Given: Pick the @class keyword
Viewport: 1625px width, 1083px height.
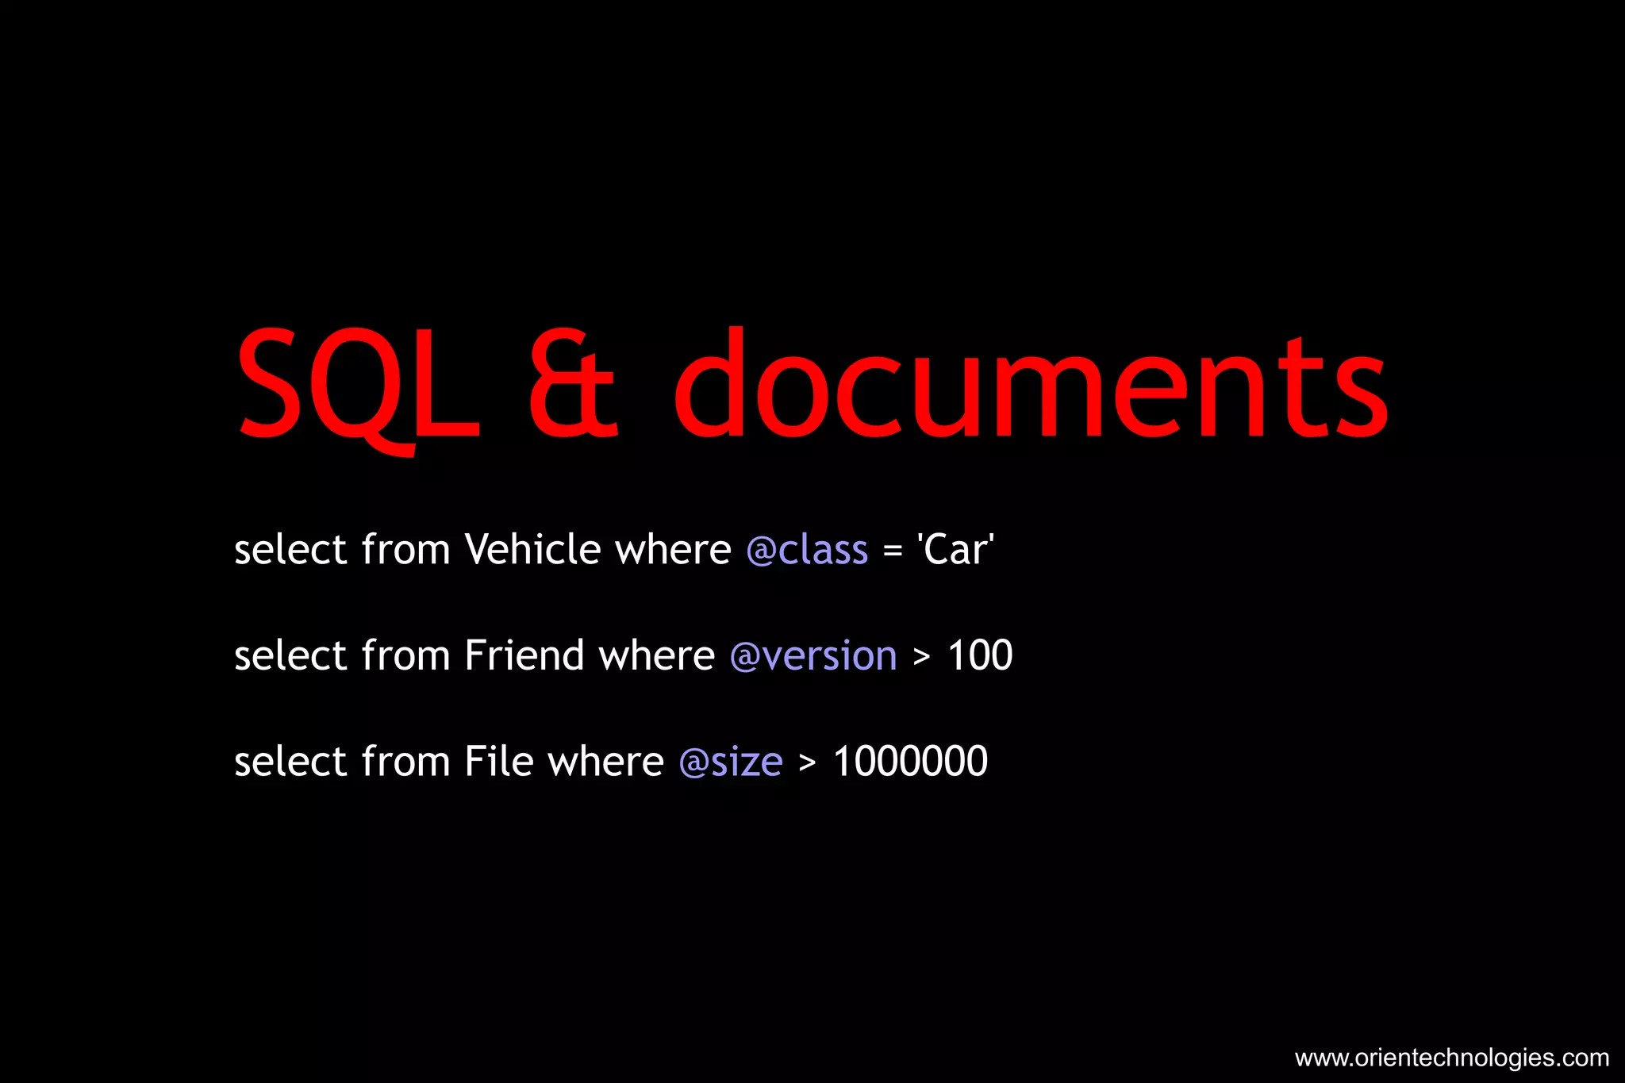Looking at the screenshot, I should pos(807,550).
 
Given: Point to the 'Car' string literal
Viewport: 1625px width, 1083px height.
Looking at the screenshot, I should pos(955,549).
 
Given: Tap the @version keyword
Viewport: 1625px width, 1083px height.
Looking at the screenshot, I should pos(813,656).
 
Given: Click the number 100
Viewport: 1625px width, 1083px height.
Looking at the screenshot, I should pos(980,655).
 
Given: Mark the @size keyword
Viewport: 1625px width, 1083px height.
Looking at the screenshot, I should pos(731,762).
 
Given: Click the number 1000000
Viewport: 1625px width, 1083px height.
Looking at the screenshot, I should pos(910,762).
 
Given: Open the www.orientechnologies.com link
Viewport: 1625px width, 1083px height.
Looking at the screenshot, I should pos(1451,1058).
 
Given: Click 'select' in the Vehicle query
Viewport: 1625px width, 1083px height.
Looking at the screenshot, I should pos(290,549).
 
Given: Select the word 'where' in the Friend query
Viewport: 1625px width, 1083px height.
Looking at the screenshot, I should pos(656,655).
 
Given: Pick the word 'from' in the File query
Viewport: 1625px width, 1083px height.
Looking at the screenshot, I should pos(405,762).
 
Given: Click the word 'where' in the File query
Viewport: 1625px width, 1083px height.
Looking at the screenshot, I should pos(605,762).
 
